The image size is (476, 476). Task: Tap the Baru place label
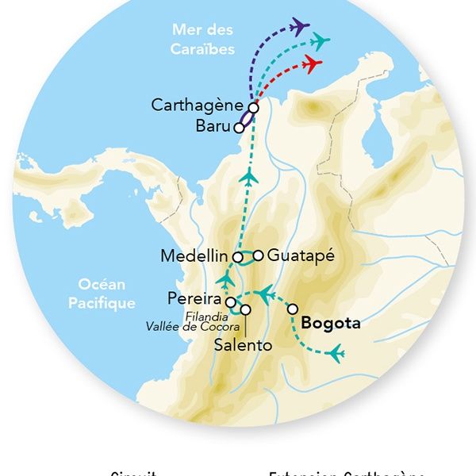tap(213, 126)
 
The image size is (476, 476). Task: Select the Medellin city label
tap(194, 256)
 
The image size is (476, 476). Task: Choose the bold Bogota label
tap(331, 323)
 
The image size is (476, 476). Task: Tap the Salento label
tap(244, 345)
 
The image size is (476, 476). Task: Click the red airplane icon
tap(312, 62)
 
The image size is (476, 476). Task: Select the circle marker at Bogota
tap(293, 309)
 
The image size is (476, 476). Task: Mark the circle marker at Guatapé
tap(258, 255)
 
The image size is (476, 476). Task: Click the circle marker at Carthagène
tap(253, 108)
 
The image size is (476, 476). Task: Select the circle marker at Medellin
tap(237, 257)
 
